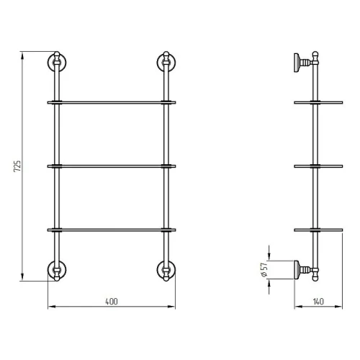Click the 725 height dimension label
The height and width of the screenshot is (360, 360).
pos(17,166)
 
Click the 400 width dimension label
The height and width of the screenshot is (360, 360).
pos(112,302)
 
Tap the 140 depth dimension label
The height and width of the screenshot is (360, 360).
pos(318,302)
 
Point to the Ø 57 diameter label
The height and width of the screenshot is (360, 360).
pos(264,270)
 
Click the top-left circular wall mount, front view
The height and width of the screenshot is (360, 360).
pos(57,63)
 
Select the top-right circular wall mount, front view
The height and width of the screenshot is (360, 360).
pos(166,63)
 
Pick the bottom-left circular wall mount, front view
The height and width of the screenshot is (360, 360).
pos(57,270)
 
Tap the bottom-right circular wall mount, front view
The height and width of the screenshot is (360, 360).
pos(166,270)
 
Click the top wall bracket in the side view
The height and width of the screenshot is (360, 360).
pos(304,63)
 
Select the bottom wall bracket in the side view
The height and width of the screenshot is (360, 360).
pos(304,270)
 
